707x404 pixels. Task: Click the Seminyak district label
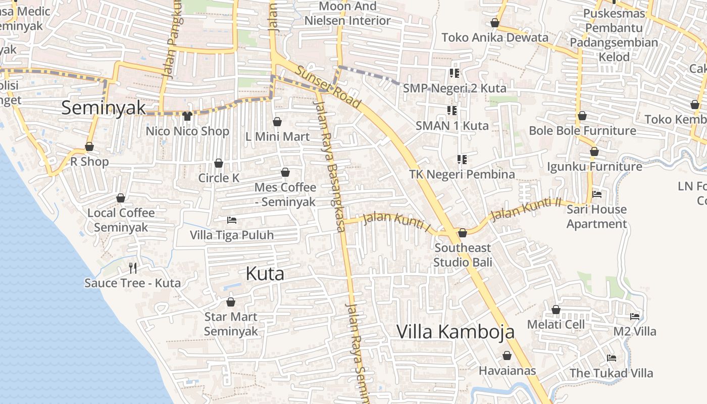(104, 108)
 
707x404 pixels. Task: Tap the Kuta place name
(265, 274)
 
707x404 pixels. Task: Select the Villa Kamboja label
(455, 332)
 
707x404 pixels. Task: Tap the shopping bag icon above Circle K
(219, 163)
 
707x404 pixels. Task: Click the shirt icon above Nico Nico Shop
(187, 116)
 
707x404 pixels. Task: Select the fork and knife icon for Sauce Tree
(133, 268)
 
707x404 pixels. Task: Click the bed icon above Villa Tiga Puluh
(232, 220)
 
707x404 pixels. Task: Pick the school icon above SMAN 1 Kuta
(451, 110)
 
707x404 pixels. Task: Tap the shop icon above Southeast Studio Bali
(462, 233)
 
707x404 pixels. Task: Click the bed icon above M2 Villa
(635, 317)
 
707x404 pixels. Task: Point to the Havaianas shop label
(507, 371)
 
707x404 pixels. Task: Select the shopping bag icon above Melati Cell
(556, 310)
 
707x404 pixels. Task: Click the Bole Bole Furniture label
(582, 131)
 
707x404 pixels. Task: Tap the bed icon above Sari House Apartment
(596, 194)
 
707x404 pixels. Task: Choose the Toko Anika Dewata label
(494, 37)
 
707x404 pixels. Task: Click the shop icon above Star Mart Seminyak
(231, 302)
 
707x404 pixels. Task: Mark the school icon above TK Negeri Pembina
(462, 160)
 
